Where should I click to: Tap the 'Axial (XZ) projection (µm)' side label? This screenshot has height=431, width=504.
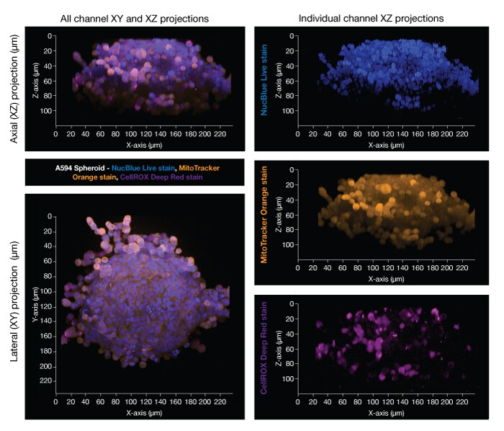14,83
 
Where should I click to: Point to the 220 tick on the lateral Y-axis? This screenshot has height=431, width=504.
47,381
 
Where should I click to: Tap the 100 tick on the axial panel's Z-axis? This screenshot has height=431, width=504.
47,112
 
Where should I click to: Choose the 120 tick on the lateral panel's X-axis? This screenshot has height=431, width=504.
138,401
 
